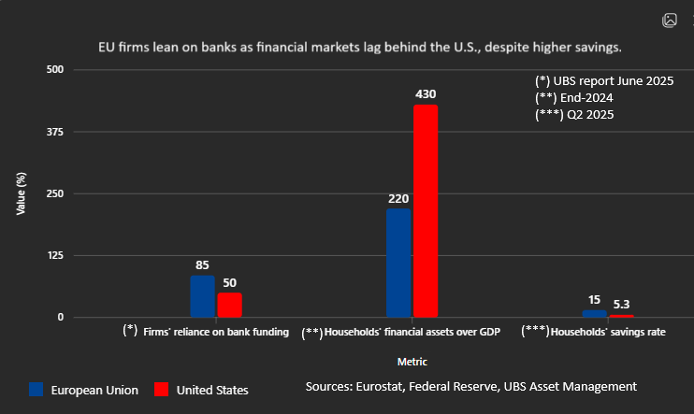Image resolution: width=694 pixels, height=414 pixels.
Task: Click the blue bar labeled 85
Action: pyautogui.click(x=202, y=296)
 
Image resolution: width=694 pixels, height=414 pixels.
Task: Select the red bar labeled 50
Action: pyautogui.click(x=230, y=306)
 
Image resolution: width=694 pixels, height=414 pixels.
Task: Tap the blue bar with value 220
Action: pyautogui.click(x=398, y=263)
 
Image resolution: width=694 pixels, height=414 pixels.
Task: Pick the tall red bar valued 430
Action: pyautogui.click(x=426, y=211)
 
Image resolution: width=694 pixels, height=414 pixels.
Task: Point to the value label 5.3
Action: pyautogui.click(x=622, y=305)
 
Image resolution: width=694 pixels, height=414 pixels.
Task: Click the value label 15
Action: pyautogui.click(x=594, y=300)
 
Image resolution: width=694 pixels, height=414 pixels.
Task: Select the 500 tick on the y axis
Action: pyautogui.click(x=55, y=70)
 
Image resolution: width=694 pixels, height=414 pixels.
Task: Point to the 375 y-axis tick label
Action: pyautogui.click(x=55, y=132)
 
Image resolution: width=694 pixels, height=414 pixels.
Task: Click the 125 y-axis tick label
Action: pyautogui.click(x=55, y=255)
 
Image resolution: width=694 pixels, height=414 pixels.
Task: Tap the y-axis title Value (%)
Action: pyautogui.click(x=21, y=193)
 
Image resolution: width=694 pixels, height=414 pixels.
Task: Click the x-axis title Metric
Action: pyautogui.click(x=412, y=361)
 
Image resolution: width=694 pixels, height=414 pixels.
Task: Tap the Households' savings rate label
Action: pyautogui.click(x=608, y=332)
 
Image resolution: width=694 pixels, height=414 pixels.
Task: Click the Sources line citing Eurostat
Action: pyautogui.click(x=470, y=386)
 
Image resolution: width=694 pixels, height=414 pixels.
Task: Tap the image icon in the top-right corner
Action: pyautogui.click(x=670, y=20)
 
